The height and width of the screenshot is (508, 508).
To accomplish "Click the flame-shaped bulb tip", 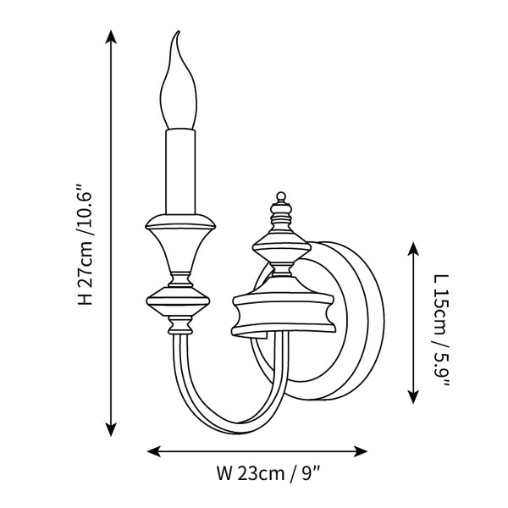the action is tap(178, 32).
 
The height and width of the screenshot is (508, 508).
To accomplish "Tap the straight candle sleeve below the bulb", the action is tap(180, 171).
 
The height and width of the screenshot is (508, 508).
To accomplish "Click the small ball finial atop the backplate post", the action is tap(281, 196).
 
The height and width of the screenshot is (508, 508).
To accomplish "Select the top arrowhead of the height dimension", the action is tap(111, 36).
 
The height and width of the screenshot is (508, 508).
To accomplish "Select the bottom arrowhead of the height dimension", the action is tap(111, 429).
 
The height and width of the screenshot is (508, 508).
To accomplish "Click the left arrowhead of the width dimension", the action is tap(153, 451).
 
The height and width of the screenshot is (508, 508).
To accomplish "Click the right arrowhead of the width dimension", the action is tap(361, 451).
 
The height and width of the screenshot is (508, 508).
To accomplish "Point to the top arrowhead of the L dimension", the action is tap(413, 248).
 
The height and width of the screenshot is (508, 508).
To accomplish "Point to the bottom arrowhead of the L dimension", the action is tap(413, 396).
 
